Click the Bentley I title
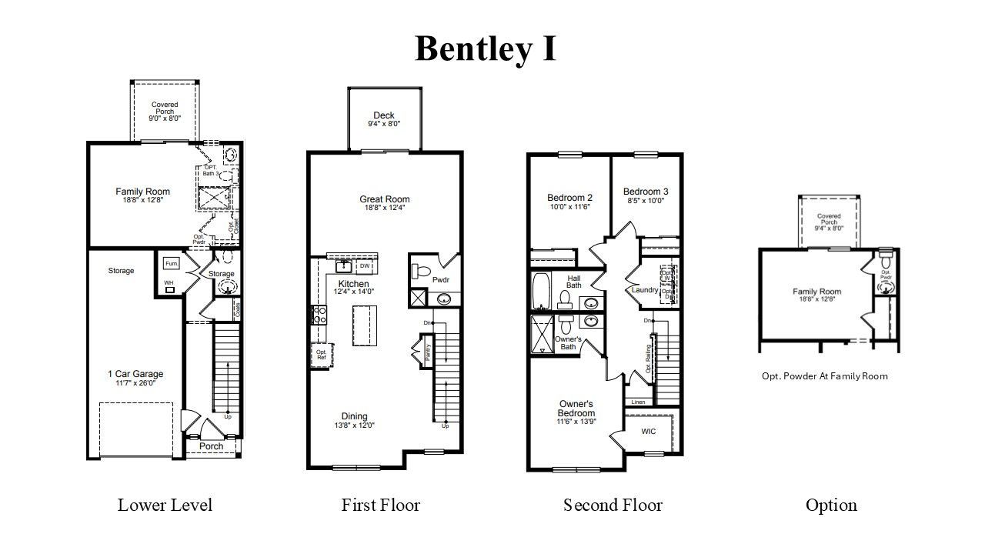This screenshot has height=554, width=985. point(486,48)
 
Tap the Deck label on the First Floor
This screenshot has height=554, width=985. point(384,115)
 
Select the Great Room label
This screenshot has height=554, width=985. point(385,199)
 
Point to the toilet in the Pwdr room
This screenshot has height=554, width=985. point(420,270)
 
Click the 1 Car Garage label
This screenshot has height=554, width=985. point(135,375)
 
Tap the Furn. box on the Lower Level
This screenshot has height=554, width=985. point(172,264)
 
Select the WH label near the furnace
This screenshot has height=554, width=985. point(169,283)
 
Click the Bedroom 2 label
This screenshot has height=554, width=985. point(569,197)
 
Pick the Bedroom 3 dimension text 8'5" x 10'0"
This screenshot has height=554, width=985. point(645,201)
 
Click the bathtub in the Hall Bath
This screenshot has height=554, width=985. point(540,289)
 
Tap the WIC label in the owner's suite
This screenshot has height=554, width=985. point(649,432)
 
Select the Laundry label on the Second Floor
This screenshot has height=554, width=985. point(644,290)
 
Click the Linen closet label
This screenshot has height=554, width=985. point(638,402)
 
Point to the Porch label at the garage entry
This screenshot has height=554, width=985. point(211,446)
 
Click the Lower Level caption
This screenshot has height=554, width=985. point(165,505)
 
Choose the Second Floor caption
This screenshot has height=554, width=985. point(613,505)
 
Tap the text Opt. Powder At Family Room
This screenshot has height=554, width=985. point(825,376)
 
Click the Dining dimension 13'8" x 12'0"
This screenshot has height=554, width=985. point(355,426)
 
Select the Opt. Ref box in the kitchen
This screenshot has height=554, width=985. point(321,354)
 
